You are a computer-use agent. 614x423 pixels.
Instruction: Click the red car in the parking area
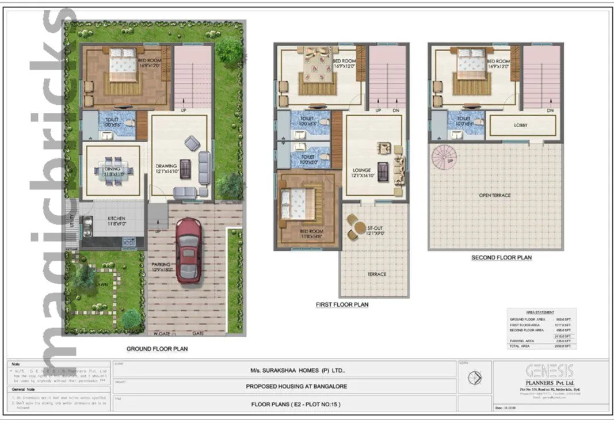[x=188, y=250]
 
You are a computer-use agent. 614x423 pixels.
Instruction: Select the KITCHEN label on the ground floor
[x=115, y=219]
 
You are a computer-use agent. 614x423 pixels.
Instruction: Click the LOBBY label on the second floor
[x=521, y=125]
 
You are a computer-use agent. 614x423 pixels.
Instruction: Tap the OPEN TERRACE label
[x=495, y=196]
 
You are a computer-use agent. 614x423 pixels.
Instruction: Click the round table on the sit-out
[x=353, y=229]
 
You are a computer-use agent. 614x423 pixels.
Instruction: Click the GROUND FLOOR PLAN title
[x=157, y=349]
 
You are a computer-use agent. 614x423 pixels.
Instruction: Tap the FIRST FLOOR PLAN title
[x=342, y=304]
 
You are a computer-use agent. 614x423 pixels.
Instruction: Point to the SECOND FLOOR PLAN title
[x=501, y=258]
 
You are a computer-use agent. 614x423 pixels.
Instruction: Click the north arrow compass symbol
[x=475, y=378]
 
